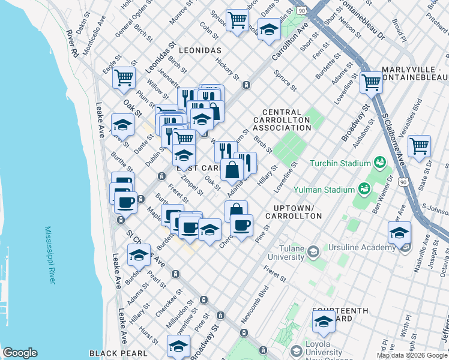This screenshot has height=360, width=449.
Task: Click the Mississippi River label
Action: click(52, 254)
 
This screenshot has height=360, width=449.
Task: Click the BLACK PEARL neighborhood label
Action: click(118, 353)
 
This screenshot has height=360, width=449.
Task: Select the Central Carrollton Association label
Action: click(286, 120)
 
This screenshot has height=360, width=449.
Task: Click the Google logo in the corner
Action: click(20, 353)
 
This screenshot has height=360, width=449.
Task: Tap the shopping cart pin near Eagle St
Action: click(124, 78)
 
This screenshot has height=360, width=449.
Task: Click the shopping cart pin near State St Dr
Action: click(419, 146)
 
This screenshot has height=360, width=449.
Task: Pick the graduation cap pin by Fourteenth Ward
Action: click(324, 321)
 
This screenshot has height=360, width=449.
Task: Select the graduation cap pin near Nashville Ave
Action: click(399, 232)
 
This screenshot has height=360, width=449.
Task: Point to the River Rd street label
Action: click(73, 44)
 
